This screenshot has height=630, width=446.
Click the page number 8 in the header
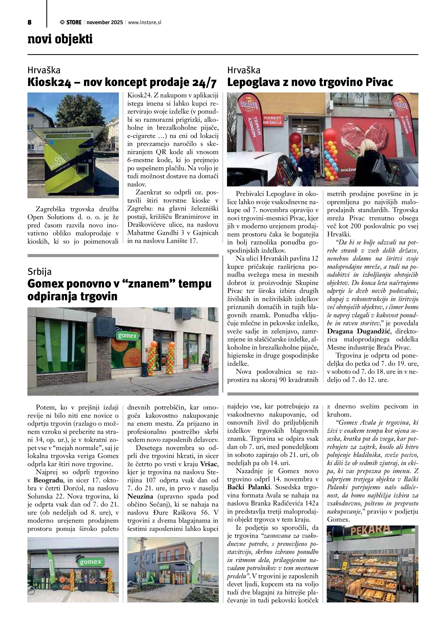tap(29, 22)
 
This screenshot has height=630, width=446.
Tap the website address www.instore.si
tap(144, 22)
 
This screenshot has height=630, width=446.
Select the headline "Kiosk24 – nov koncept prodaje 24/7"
tap(122, 82)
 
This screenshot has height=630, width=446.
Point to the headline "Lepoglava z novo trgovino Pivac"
tap(310, 82)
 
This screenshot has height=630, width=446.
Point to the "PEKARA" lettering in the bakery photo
tap(370, 530)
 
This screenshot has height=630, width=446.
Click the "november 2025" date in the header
tap(105, 22)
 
